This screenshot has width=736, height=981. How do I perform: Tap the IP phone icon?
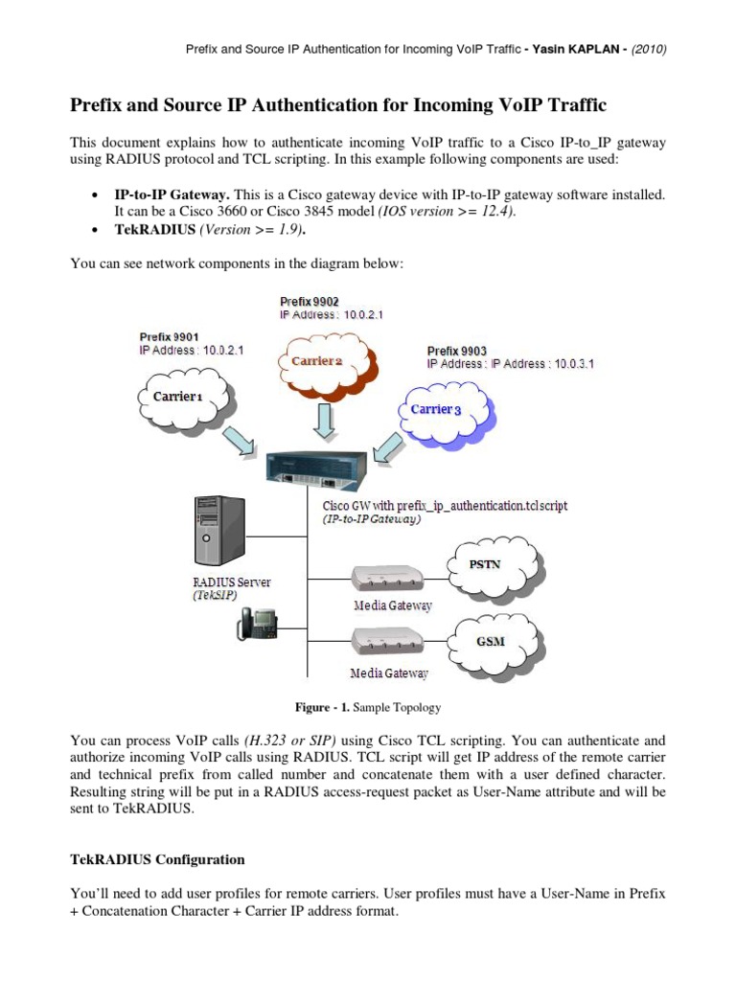click(x=254, y=624)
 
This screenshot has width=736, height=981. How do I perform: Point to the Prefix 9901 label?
click(x=170, y=336)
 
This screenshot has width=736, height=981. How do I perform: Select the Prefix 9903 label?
click(x=458, y=351)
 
